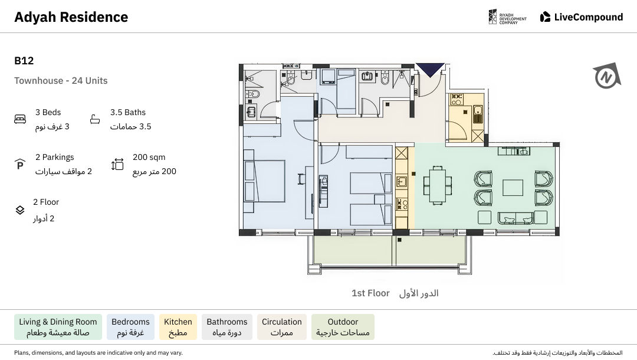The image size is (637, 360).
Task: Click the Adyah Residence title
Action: pos(71,17)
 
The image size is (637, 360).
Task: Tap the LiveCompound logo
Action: pos(582,17)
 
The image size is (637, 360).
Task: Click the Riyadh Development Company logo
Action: pos(507,17)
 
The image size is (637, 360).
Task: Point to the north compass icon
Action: pos(607,76)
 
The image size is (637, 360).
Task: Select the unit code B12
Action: pos(24,61)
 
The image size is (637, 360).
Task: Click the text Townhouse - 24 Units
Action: pos(61,80)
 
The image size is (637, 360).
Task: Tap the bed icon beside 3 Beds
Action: pos(20,119)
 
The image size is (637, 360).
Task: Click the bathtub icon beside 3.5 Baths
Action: pos(95,119)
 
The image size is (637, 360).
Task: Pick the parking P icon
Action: pos(20,164)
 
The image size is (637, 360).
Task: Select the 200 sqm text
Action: pos(149,157)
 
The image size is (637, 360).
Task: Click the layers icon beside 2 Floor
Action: pos(20,210)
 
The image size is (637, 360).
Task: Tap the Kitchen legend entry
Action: pos(178,327)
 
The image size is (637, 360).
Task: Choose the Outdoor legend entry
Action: pos(343,327)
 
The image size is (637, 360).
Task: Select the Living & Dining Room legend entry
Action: pos(58,327)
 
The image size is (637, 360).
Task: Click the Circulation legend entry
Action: pos(282,327)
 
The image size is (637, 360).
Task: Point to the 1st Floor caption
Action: pos(370,293)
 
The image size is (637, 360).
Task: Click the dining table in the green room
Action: pos(438,185)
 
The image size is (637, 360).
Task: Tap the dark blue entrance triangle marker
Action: pos(430,70)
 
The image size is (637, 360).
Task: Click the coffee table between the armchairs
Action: pos(513,188)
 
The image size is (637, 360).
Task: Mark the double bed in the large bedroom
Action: pos(264,181)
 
